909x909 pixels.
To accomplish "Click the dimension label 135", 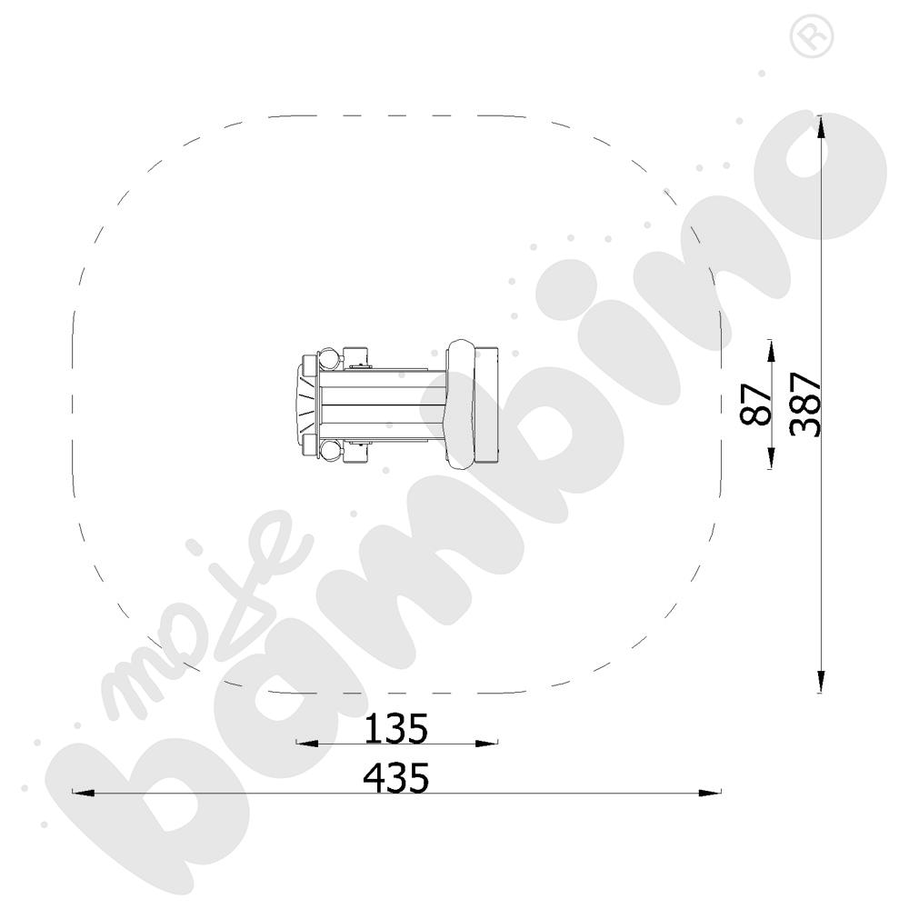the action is pos(396,728).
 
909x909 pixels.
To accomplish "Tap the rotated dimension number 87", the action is pos(756,405).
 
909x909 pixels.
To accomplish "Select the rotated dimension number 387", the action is pos(805,405).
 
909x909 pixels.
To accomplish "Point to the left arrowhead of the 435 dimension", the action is pos(83,792).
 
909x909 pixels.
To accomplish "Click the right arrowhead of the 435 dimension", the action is pos(710,792).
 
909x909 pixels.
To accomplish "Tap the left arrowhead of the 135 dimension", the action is pos(307,744).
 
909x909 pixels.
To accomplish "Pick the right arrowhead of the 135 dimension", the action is pos(486,744).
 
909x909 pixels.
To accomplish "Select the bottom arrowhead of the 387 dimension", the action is pos(821,682).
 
